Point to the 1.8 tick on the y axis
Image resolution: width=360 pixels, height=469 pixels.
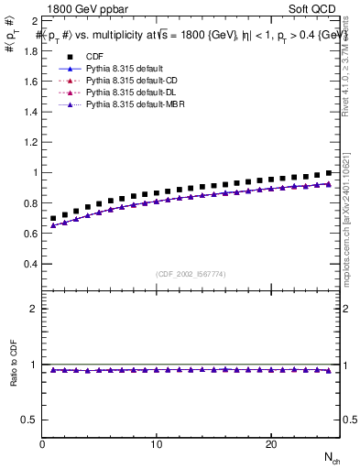pyautogui.click(x=29, y=49)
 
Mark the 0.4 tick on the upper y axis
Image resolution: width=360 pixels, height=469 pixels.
pyautogui.click(x=29, y=264)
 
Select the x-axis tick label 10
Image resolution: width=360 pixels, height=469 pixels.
pyautogui.click(x=157, y=444)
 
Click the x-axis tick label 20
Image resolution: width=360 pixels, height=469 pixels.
pyautogui.click(x=270, y=444)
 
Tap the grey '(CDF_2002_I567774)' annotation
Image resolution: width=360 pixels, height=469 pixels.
pyautogui.click(x=191, y=274)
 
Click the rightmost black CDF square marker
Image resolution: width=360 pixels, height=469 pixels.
pyautogui.click(x=328, y=172)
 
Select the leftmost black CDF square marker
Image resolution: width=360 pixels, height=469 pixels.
pyautogui.click(x=53, y=219)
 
